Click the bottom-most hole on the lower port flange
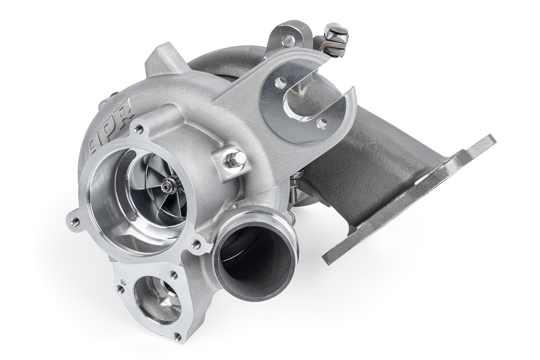177,336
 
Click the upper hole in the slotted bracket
281,82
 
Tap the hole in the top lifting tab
289,40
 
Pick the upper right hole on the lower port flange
173,274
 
